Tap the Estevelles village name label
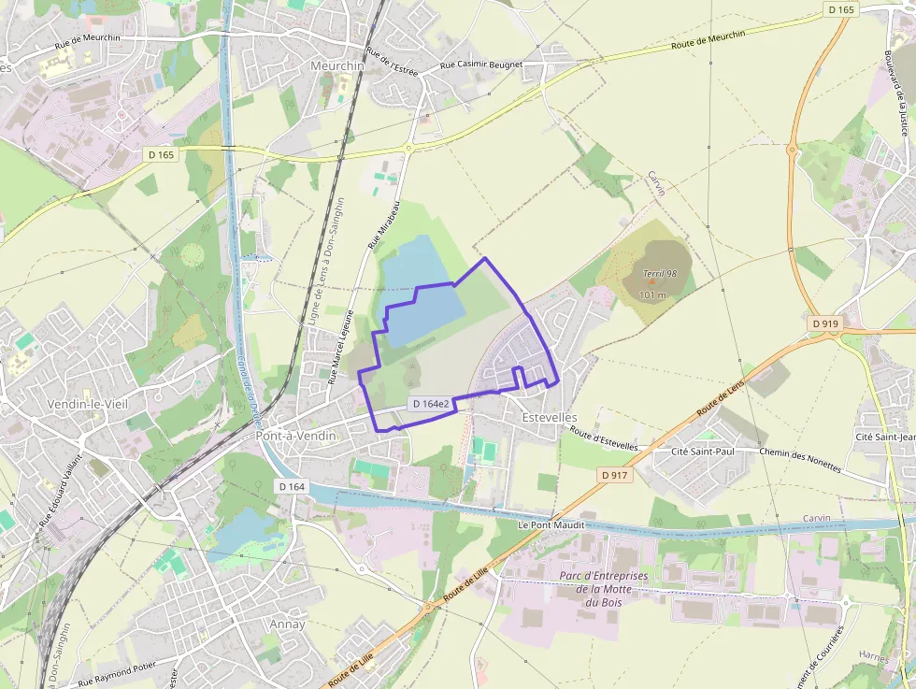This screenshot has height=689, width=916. tap(550, 417)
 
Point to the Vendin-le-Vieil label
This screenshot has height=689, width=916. tap(87, 404)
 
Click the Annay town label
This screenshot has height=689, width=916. tap(286, 624)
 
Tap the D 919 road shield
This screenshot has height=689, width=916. tap(825, 323)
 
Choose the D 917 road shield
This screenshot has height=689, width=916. tap(614, 475)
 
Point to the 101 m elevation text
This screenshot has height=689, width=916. tap(652, 294)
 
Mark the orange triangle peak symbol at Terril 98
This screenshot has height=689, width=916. tap(651, 281)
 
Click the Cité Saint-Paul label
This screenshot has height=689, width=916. tap(705, 452)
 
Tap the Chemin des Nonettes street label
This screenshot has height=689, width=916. tap(800, 460)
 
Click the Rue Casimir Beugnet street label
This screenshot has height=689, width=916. tap(481, 66)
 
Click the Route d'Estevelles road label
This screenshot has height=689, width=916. tap(604, 439)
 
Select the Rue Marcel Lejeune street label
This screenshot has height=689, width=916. tap(340, 347)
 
